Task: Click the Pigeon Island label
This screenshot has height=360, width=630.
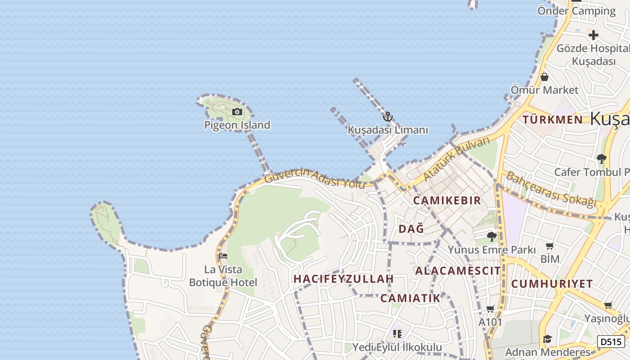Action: pyautogui.click(x=237, y=125)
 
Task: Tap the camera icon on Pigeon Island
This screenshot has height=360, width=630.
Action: pyautogui.click(x=237, y=112)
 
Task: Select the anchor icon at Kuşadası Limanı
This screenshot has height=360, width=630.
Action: pyautogui.click(x=387, y=117)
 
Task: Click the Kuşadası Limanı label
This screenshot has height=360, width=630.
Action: pyautogui.click(x=388, y=130)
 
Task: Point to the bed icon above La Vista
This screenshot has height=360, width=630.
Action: pyautogui.click(x=223, y=256)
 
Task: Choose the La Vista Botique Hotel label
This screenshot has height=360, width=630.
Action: pyautogui.click(x=223, y=276)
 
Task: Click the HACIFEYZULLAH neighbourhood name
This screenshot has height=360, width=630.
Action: pyautogui.click(x=343, y=279)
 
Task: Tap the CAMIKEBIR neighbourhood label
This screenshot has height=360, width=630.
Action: pyautogui.click(x=447, y=201)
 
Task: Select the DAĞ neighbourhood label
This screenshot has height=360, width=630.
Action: pyautogui.click(x=411, y=229)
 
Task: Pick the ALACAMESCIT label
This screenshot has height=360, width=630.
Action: pyautogui.click(x=458, y=271)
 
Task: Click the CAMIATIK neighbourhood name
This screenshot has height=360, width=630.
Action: pyautogui.click(x=410, y=298)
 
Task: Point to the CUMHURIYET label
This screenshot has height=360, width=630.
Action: pyautogui.click(x=552, y=284)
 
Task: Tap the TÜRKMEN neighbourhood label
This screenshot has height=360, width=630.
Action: pyautogui.click(x=553, y=120)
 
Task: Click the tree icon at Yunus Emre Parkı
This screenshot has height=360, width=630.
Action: pyautogui.click(x=491, y=236)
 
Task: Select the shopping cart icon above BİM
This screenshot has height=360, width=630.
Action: pyautogui.click(x=549, y=246)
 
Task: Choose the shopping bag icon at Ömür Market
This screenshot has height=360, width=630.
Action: pyautogui.click(x=544, y=77)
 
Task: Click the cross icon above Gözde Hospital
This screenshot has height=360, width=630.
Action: pyautogui.click(x=593, y=35)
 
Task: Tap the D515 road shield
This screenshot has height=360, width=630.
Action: pyautogui.click(x=611, y=342)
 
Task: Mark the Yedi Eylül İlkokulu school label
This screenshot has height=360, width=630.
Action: pyautogui.click(x=397, y=347)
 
